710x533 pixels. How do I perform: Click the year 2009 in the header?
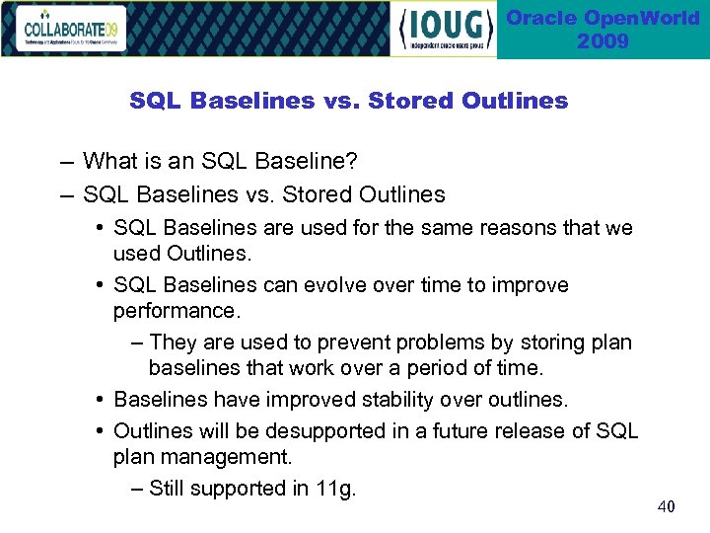click(x=603, y=41)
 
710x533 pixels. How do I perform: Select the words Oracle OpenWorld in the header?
click(x=603, y=19)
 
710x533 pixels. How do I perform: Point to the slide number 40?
click(x=667, y=506)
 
